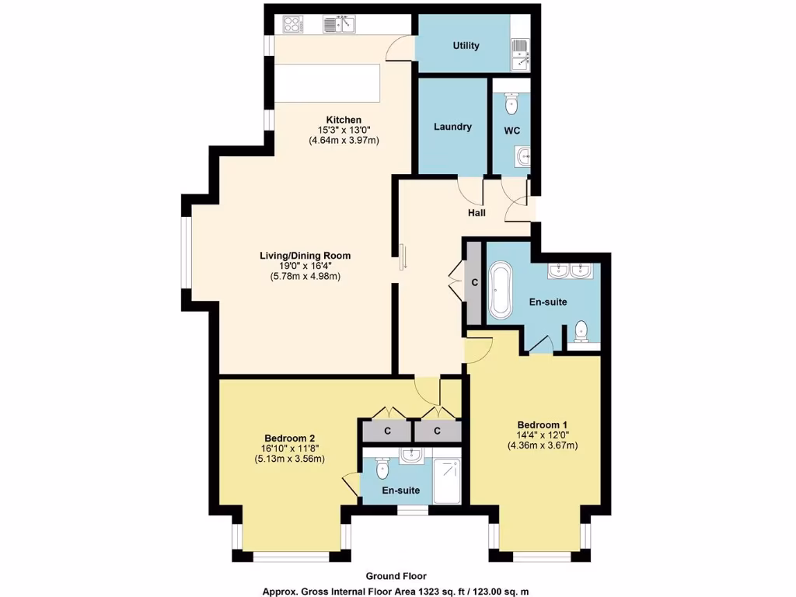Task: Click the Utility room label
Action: [466, 45]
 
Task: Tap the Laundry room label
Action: [452, 127]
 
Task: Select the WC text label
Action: [511, 131]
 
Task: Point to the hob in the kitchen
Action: [293, 25]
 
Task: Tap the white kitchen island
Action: [327, 82]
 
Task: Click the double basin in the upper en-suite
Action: [570, 271]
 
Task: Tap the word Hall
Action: [477, 212]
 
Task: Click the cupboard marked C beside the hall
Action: [473, 283]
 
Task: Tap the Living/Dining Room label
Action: [305, 255]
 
